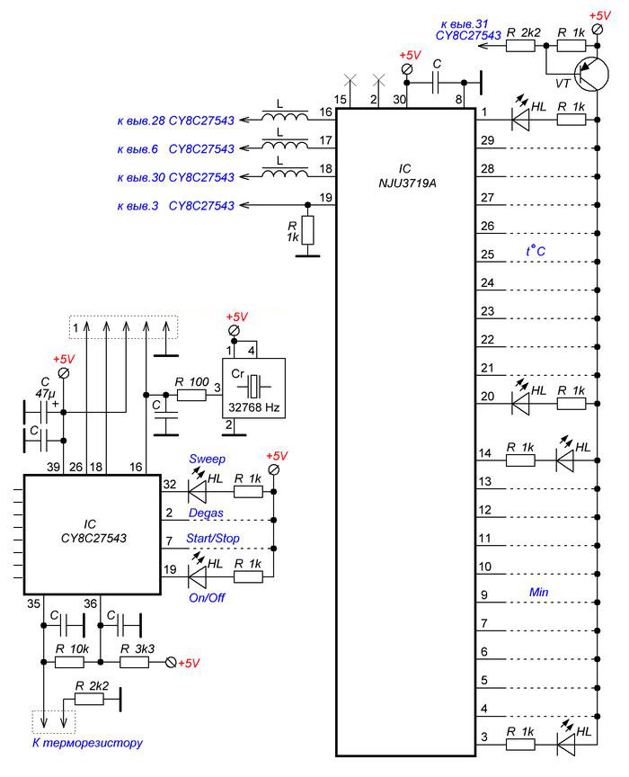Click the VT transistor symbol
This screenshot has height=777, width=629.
pos(592,75)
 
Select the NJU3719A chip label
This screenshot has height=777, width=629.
pos(407,183)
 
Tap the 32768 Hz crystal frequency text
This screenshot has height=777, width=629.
pos(254,407)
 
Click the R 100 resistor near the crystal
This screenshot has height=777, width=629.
pos(191,395)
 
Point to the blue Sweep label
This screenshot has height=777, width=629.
pos(207,459)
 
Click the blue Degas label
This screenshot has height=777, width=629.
pos(206,513)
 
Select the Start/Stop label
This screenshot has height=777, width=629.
pos(213,538)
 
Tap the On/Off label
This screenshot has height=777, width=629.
pos(207,598)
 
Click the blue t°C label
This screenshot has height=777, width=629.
pos(536,251)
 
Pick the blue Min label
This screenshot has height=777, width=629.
pos(539,592)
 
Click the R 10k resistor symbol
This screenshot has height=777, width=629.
pos(69,662)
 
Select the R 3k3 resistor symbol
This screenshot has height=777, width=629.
pos(134,662)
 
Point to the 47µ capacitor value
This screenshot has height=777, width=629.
pos(45,394)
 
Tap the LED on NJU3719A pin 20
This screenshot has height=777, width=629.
pos(520,404)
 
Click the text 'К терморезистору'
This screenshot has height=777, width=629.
pos(88,743)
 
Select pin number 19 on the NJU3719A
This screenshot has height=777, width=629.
pos(326,198)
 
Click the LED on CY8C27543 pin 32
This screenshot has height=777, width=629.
pos(197,492)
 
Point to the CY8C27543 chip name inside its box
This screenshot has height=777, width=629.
pos(93,538)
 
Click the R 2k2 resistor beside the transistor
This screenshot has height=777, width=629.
pos(520,46)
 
